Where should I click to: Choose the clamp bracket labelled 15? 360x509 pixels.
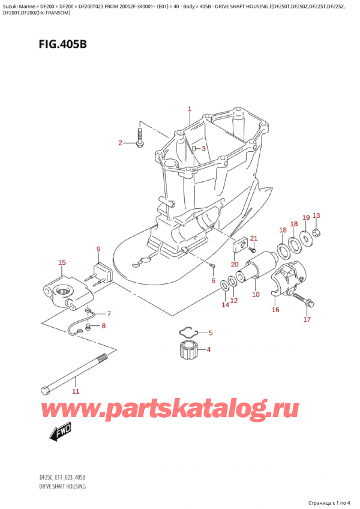(x=67, y=290)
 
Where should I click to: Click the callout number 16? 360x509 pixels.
(x=276, y=310)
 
